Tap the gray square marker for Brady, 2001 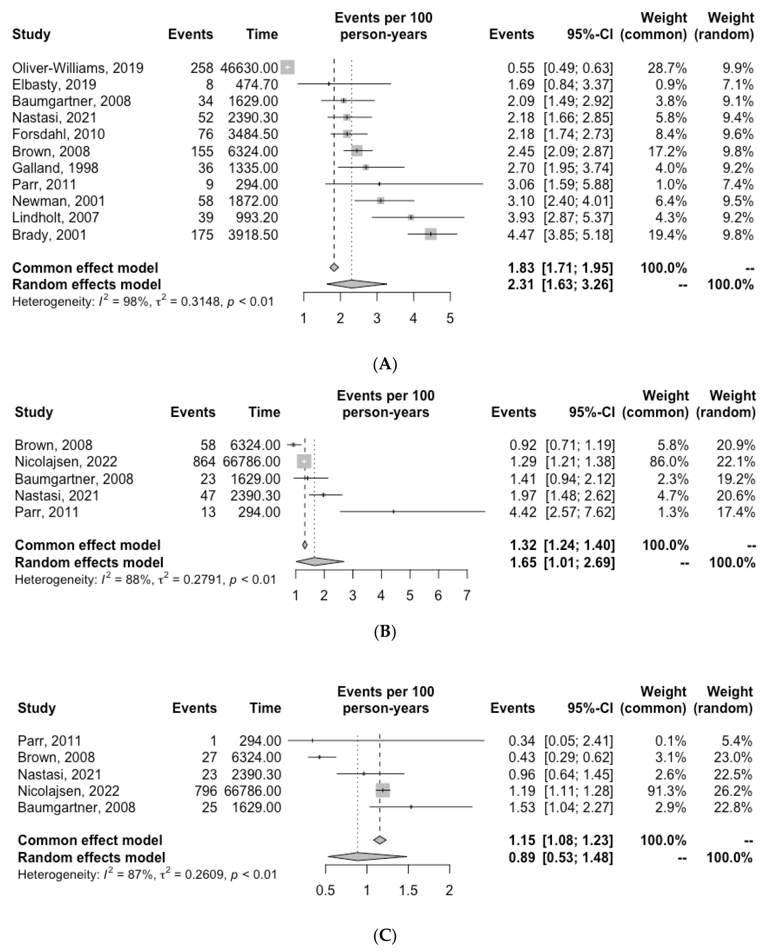[x=430, y=234]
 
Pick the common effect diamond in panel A [x=334, y=268]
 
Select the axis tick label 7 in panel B [x=467, y=595]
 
